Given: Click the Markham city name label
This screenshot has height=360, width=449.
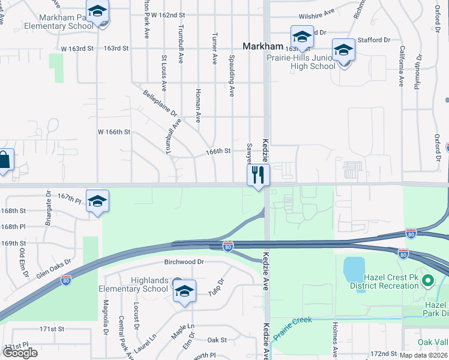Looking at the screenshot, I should coord(262,46).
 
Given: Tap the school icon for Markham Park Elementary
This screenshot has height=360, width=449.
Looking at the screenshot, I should coord(97,13).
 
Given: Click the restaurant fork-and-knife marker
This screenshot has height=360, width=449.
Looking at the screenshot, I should coord(258,175).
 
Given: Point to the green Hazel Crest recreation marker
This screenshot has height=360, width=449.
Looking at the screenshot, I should coord(427,280).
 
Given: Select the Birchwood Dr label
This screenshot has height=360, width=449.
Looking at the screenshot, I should coord(184,262).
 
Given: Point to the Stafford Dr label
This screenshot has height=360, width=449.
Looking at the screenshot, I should coord(373,40).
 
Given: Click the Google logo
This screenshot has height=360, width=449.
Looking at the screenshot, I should coord(20,352).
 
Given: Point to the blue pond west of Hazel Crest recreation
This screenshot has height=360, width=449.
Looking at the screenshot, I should coord(354,269).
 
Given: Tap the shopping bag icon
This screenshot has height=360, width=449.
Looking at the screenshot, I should coord(4,161).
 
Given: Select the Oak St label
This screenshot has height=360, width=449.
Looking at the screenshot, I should coord(217,340).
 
